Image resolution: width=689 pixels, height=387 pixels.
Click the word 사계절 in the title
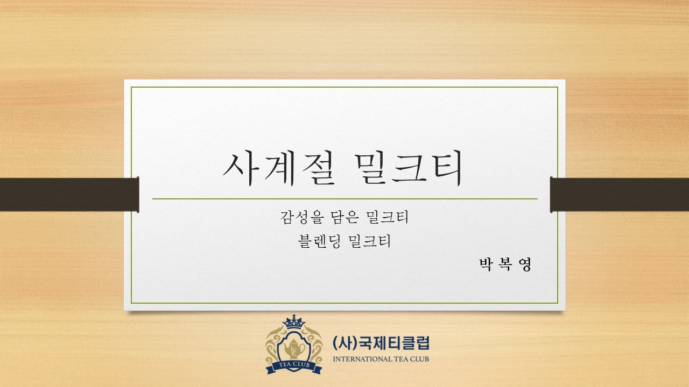[279, 168]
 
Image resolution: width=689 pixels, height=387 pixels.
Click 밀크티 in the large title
[408, 168]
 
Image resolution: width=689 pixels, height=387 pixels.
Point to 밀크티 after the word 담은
[387, 217]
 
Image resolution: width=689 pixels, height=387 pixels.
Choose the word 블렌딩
[319, 241]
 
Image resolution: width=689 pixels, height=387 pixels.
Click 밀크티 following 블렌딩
[370, 241]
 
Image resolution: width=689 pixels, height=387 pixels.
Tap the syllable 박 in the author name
[486, 264]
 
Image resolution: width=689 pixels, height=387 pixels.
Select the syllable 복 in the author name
[505, 264]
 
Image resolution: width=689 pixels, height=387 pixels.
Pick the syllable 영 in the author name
[525, 264]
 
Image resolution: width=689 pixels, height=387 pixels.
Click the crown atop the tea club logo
[294, 321]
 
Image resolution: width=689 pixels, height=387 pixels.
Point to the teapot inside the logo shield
[294, 348]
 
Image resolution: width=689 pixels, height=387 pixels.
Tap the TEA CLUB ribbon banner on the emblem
[294, 366]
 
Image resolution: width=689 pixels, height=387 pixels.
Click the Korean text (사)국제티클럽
[381, 343]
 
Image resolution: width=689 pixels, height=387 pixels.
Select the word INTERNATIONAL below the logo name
[363, 359]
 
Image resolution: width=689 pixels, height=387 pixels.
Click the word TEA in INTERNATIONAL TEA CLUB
[400, 359]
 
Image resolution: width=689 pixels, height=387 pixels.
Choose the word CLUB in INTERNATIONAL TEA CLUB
[419, 359]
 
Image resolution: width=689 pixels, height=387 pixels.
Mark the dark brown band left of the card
[69, 195]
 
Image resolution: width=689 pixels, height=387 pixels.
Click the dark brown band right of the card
[620, 195]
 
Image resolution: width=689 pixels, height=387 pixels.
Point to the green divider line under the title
[345, 199]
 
